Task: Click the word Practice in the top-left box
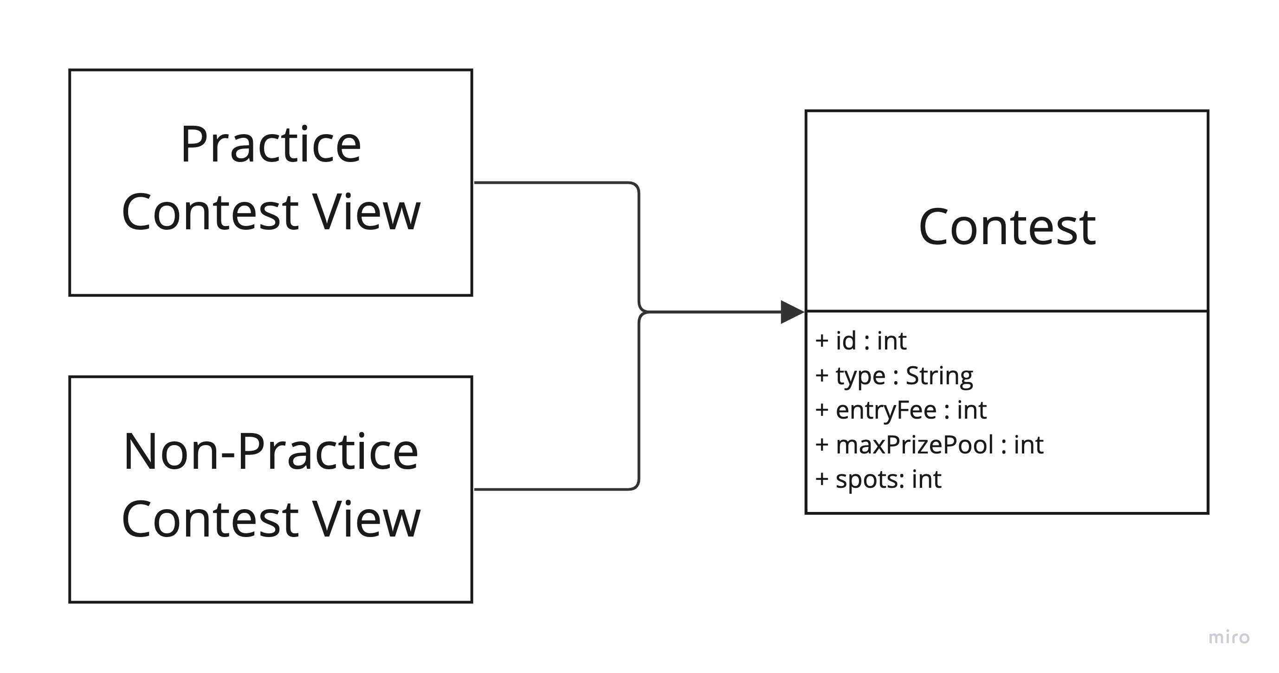pyautogui.click(x=271, y=145)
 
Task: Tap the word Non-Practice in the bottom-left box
pyautogui.click(x=271, y=452)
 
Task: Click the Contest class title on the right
pyautogui.click(x=1007, y=227)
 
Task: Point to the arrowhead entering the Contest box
pyautogui.click(x=792, y=312)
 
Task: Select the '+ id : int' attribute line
pyautogui.click(x=861, y=341)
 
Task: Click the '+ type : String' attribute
pyautogui.click(x=894, y=376)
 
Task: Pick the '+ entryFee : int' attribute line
pyautogui.click(x=901, y=410)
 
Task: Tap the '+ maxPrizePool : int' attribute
pyautogui.click(x=929, y=445)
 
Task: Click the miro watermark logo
pyautogui.click(x=1229, y=637)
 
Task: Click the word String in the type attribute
pyautogui.click(x=939, y=376)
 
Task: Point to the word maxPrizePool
pyautogui.click(x=915, y=445)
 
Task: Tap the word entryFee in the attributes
pyautogui.click(x=886, y=410)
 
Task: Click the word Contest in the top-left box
pyautogui.click(x=210, y=213)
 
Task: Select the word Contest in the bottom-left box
pyautogui.click(x=210, y=519)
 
